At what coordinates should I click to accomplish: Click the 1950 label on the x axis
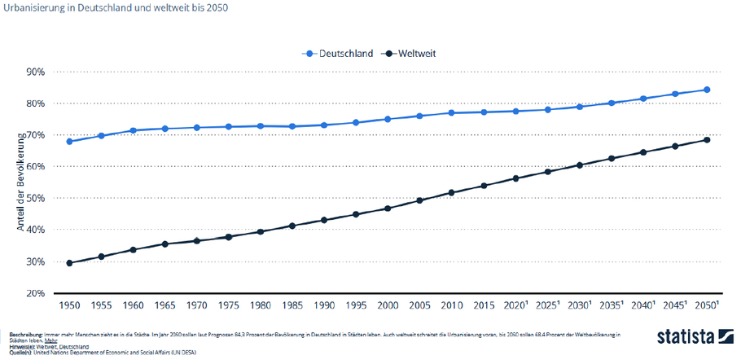click(x=70, y=305)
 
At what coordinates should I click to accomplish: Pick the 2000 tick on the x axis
click(x=388, y=305)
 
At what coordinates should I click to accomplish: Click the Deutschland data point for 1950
click(x=70, y=141)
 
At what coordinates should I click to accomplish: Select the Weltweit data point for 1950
click(x=70, y=263)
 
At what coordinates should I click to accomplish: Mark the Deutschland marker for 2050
click(x=707, y=90)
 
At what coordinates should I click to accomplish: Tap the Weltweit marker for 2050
click(x=707, y=140)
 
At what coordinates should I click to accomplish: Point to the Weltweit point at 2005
click(x=420, y=200)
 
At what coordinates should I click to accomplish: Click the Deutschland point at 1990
click(x=325, y=125)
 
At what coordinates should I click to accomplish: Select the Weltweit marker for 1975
click(x=229, y=237)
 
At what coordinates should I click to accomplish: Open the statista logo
click(x=691, y=337)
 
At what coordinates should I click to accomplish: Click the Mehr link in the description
click(x=50, y=340)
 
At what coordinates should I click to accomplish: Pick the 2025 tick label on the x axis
click(x=547, y=305)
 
